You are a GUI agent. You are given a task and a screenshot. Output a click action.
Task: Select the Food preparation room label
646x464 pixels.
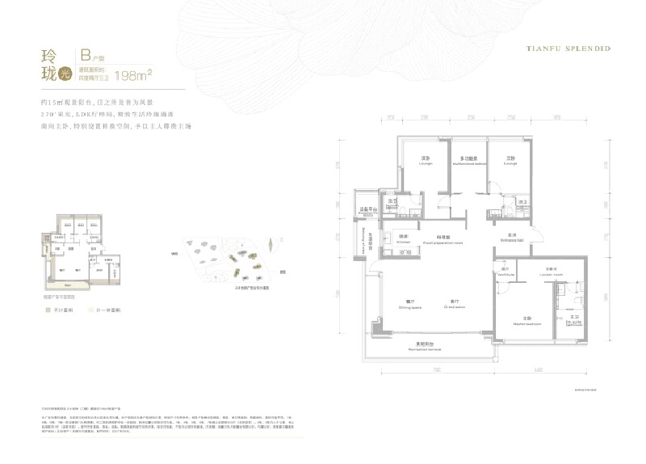443,243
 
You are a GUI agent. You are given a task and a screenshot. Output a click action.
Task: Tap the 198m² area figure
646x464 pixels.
135,76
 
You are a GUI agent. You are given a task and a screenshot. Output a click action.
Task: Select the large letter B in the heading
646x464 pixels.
85,56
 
